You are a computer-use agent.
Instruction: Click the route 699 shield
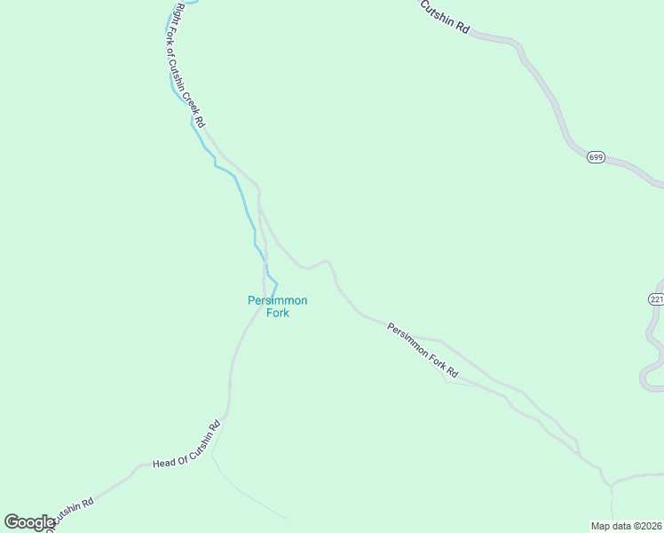(x=596, y=157)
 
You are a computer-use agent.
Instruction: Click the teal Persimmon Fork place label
(x=277, y=306)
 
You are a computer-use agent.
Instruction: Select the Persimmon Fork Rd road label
(x=423, y=349)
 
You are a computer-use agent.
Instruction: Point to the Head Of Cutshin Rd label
(x=186, y=444)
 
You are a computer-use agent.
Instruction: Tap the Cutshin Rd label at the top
(x=444, y=15)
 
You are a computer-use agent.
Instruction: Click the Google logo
(x=29, y=522)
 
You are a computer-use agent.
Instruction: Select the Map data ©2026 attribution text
(x=626, y=526)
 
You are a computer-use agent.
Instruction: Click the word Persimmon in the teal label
(x=277, y=300)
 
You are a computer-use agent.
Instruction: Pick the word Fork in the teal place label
(x=278, y=313)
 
